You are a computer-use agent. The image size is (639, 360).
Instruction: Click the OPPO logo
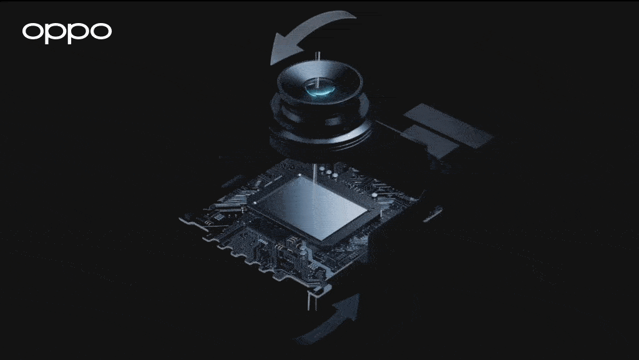[x=67, y=32]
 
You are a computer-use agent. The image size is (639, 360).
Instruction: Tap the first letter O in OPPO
[x=32, y=31]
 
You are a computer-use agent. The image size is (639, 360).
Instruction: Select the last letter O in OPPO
[x=101, y=31]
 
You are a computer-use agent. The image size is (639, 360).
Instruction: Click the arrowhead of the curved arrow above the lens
[x=286, y=48]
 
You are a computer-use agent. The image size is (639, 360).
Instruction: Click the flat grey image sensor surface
[x=310, y=208]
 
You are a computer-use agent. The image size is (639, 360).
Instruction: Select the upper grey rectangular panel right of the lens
[x=448, y=125]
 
